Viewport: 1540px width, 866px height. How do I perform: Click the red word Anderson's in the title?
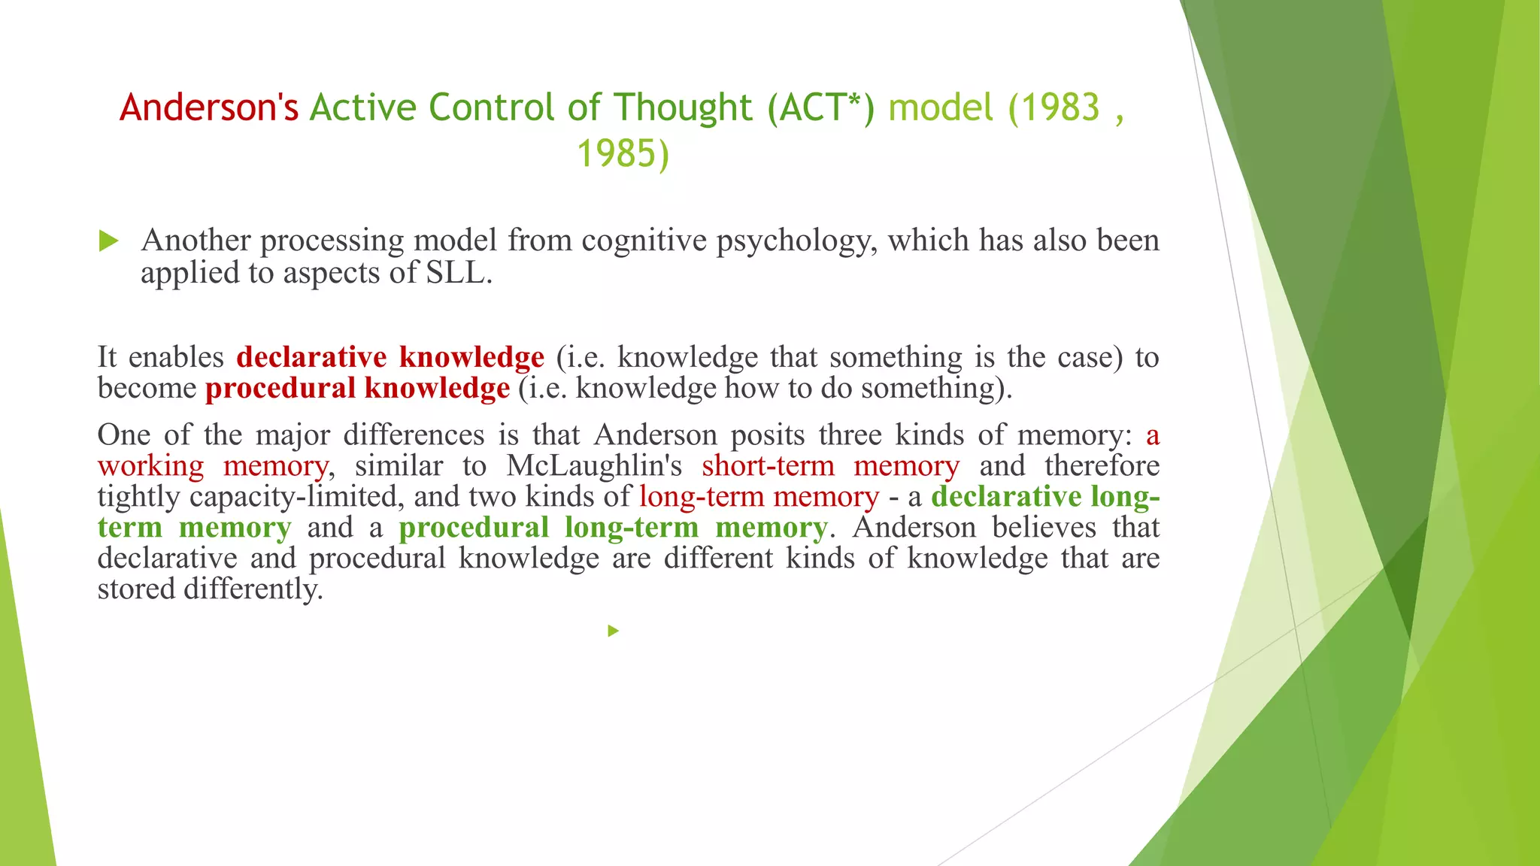[209, 107]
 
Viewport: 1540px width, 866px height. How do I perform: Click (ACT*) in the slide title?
[821, 107]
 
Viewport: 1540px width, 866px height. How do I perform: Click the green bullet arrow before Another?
[109, 241]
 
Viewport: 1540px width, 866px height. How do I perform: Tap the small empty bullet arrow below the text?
[614, 631]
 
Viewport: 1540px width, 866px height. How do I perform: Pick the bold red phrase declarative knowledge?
[390, 357]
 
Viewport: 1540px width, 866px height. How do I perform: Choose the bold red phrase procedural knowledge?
[357, 388]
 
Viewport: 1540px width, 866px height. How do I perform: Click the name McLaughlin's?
[594, 466]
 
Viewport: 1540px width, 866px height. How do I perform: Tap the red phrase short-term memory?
[830, 466]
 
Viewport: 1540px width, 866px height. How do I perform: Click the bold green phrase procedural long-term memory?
[613, 528]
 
